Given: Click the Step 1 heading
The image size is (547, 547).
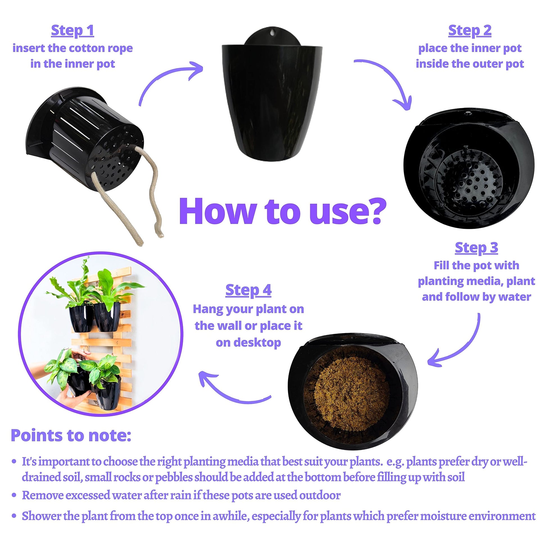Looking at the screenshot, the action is point(73,31).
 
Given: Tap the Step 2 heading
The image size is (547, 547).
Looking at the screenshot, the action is point(470,31).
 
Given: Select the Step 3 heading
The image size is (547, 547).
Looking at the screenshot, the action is point(476,248).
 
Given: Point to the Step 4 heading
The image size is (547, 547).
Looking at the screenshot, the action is point(248,290).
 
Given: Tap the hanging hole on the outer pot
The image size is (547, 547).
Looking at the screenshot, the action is point(272,33).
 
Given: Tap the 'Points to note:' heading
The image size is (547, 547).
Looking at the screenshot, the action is point(71,436).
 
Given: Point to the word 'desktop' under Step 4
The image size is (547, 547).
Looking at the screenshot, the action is point(248,343).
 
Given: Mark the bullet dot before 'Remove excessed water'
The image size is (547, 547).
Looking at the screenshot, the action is point(14,496).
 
